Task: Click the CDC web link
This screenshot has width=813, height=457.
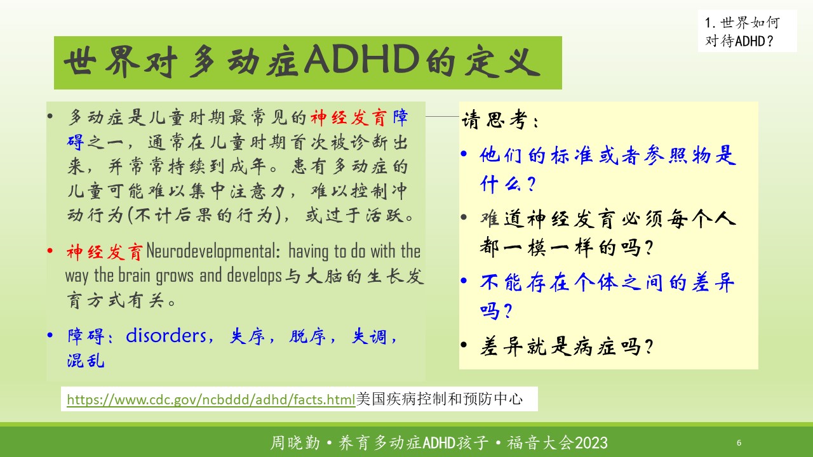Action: [x=211, y=399]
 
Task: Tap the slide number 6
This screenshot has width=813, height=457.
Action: [x=739, y=442]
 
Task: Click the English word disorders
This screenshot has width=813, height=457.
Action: [x=166, y=336]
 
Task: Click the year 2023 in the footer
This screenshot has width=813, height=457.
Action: [x=591, y=443]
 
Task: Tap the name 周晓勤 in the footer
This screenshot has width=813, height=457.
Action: [x=295, y=443]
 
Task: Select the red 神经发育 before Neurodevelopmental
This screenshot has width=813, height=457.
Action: [x=104, y=252]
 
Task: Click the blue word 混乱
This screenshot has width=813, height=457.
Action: [x=86, y=361]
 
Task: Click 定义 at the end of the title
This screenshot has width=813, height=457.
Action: [x=502, y=62]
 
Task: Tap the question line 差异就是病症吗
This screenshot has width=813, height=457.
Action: [x=566, y=346]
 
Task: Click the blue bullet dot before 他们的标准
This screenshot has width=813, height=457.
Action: [x=464, y=154]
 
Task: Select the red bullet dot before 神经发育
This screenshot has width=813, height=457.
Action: [x=50, y=251]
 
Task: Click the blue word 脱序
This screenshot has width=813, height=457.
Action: [x=307, y=336]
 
